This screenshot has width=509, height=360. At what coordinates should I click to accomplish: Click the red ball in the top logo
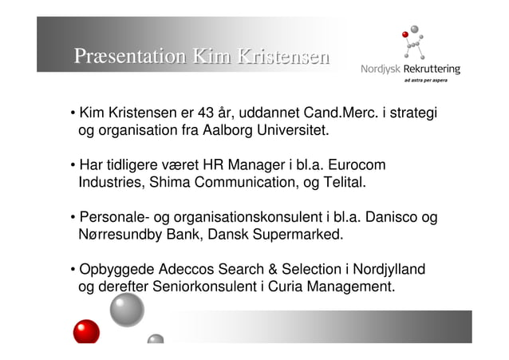pos(406,35)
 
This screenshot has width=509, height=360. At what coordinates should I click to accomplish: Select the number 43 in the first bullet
pos(207,114)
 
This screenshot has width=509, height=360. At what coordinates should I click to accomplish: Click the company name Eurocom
pos(358,165)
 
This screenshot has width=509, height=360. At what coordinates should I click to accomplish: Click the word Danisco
pos(387,217)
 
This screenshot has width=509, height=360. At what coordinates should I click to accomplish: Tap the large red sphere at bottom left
pos(86,331)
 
